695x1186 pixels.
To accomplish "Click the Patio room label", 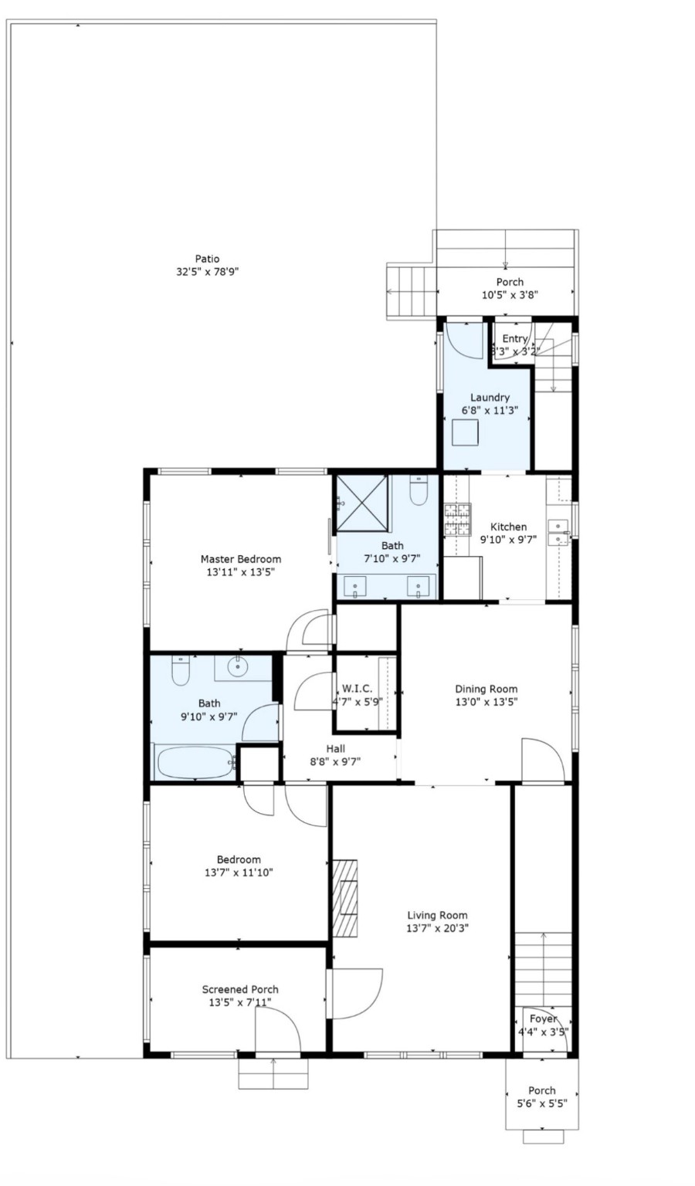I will tap(207, 259).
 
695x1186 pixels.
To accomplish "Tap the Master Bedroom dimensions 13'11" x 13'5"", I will tap(240, 572).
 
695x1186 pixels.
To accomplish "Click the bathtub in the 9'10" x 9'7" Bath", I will tap(195, 763).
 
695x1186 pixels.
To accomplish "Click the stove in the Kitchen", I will tap(456, 520).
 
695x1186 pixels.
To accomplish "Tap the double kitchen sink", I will tap(558, 532).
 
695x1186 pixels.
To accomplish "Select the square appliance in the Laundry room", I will tap(466, 433).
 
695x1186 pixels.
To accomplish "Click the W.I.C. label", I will tap(357, 688).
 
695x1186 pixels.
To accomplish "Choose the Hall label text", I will tap(335, 748).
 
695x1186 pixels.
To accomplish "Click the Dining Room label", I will tap(486, 689).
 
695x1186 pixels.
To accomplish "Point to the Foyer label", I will tap(543, 1018).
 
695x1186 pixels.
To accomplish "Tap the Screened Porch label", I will tap(240, 989).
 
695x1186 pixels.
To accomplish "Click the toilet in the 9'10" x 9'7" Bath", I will tap(181, 671).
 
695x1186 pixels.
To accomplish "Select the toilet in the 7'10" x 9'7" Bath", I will tap(418, 491).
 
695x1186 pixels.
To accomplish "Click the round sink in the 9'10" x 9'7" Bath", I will tap(239, 665).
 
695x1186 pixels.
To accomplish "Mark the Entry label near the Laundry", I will tap(515, 338).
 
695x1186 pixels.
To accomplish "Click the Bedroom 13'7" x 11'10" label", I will tap(239, 859).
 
